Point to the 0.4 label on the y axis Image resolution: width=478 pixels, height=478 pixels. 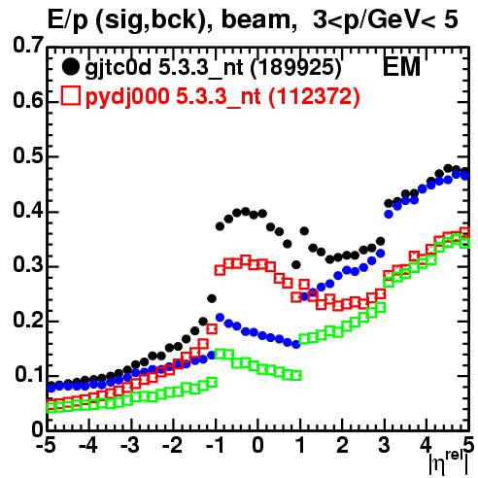pos(28,210)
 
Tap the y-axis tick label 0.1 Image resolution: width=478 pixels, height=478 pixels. pos(29,374)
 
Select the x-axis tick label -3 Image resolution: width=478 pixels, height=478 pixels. pos(130,446)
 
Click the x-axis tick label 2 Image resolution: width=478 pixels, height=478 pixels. pos(342,446)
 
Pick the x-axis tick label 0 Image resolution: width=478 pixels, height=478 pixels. pos(258,446)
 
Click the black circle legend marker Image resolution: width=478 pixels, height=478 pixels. pos(70,67)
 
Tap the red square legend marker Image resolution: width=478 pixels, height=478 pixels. pos(70,95)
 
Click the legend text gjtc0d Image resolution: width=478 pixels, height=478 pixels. pos(118,69)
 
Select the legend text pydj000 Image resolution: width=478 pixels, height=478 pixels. pos(127,97)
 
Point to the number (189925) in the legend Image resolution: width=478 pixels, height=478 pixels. pos(296,68)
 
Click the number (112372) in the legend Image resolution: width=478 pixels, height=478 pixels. pos(314,96)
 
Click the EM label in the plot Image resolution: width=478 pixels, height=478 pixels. pos(401,67)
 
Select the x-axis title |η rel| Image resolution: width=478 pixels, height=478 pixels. pos(449,462)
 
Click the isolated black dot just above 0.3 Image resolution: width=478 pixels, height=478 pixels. pos(296,265)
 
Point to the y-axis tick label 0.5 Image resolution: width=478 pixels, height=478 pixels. pos(28,155)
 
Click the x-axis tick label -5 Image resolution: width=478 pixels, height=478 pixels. pos(46,446)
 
